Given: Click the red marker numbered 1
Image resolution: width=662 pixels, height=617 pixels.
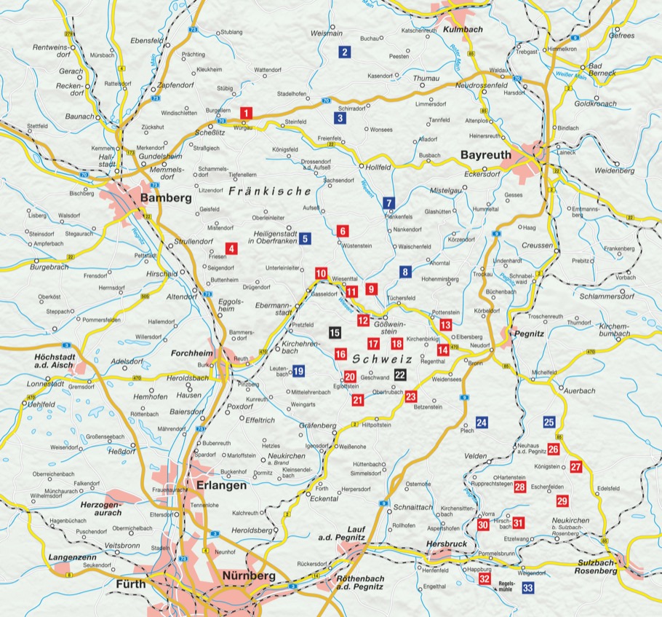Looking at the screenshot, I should [x=247, y=113].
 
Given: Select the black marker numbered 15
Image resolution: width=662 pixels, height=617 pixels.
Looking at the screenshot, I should [x=335, y=333].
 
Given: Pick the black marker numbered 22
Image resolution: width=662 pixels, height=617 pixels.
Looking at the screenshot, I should [x=400, y=374].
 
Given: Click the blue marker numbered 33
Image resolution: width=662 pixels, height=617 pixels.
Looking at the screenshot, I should [x=528, y=587].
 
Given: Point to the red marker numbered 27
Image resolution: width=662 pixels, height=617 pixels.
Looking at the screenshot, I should [x=576, y=467].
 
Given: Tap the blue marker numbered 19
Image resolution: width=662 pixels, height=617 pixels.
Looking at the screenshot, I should [x=298, y=371].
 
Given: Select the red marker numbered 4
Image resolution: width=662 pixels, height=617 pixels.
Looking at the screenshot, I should [x=232, y=248].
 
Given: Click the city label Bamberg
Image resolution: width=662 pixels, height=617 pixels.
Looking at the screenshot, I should [x=167, y=198].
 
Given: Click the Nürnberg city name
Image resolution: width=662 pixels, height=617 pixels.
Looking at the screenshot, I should [x=249, y=576].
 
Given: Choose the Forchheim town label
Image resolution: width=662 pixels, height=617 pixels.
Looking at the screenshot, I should [x=191, y=353].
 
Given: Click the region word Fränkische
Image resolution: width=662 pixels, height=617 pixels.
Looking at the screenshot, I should [x=270, y=192].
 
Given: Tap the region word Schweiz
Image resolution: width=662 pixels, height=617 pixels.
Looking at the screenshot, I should [x=383, y=360].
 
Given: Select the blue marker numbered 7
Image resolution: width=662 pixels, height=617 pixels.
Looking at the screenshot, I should [x=389, y=203].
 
